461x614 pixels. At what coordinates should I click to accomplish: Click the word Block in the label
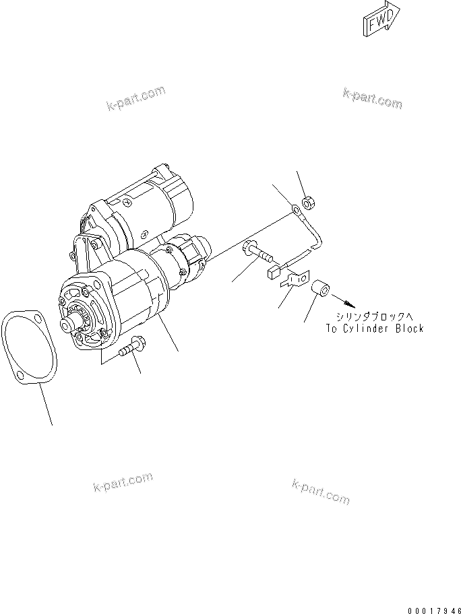pyautogui.click(x=408, y=329)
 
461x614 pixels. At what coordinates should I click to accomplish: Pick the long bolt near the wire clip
pyautogui.click(x=257, y=254)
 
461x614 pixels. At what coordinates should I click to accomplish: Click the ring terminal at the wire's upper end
pyautogui.click(x=297, y=211)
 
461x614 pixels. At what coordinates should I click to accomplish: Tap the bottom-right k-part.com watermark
pyautogui.click(x=321, y=492)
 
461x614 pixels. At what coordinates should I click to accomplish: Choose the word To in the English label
pyautogui.click(x=331, y=329)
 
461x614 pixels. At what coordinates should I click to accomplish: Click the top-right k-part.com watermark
pyautogui.click(x=372, y=98)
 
